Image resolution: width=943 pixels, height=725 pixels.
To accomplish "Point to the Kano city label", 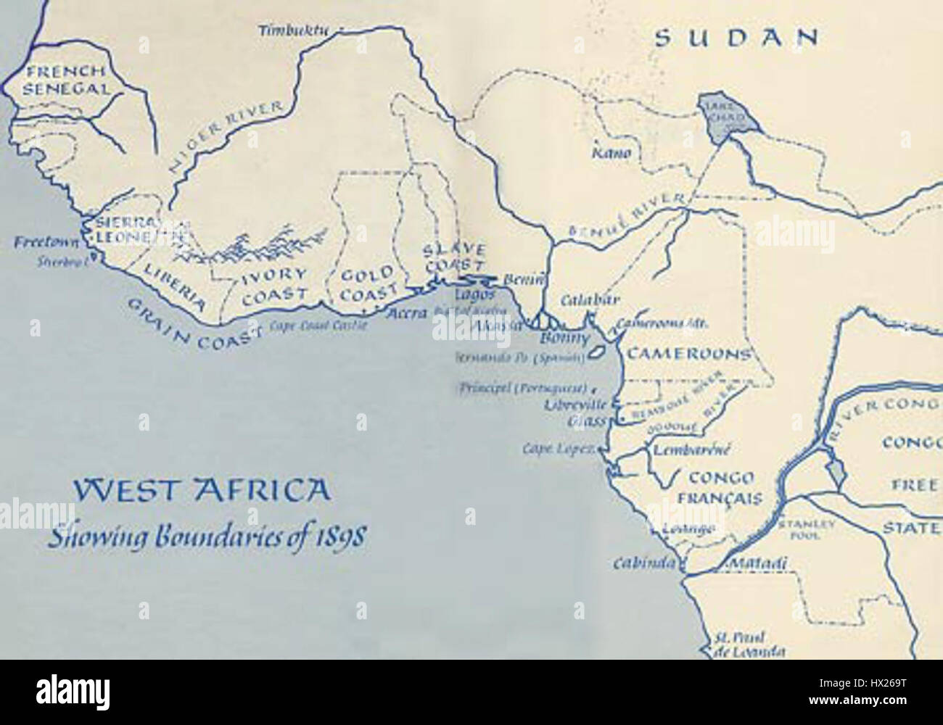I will tap(612, 154).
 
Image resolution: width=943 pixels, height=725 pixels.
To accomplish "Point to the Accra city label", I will tap(406, 315).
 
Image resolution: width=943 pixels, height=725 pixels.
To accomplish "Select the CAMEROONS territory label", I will tap(686, 355).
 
